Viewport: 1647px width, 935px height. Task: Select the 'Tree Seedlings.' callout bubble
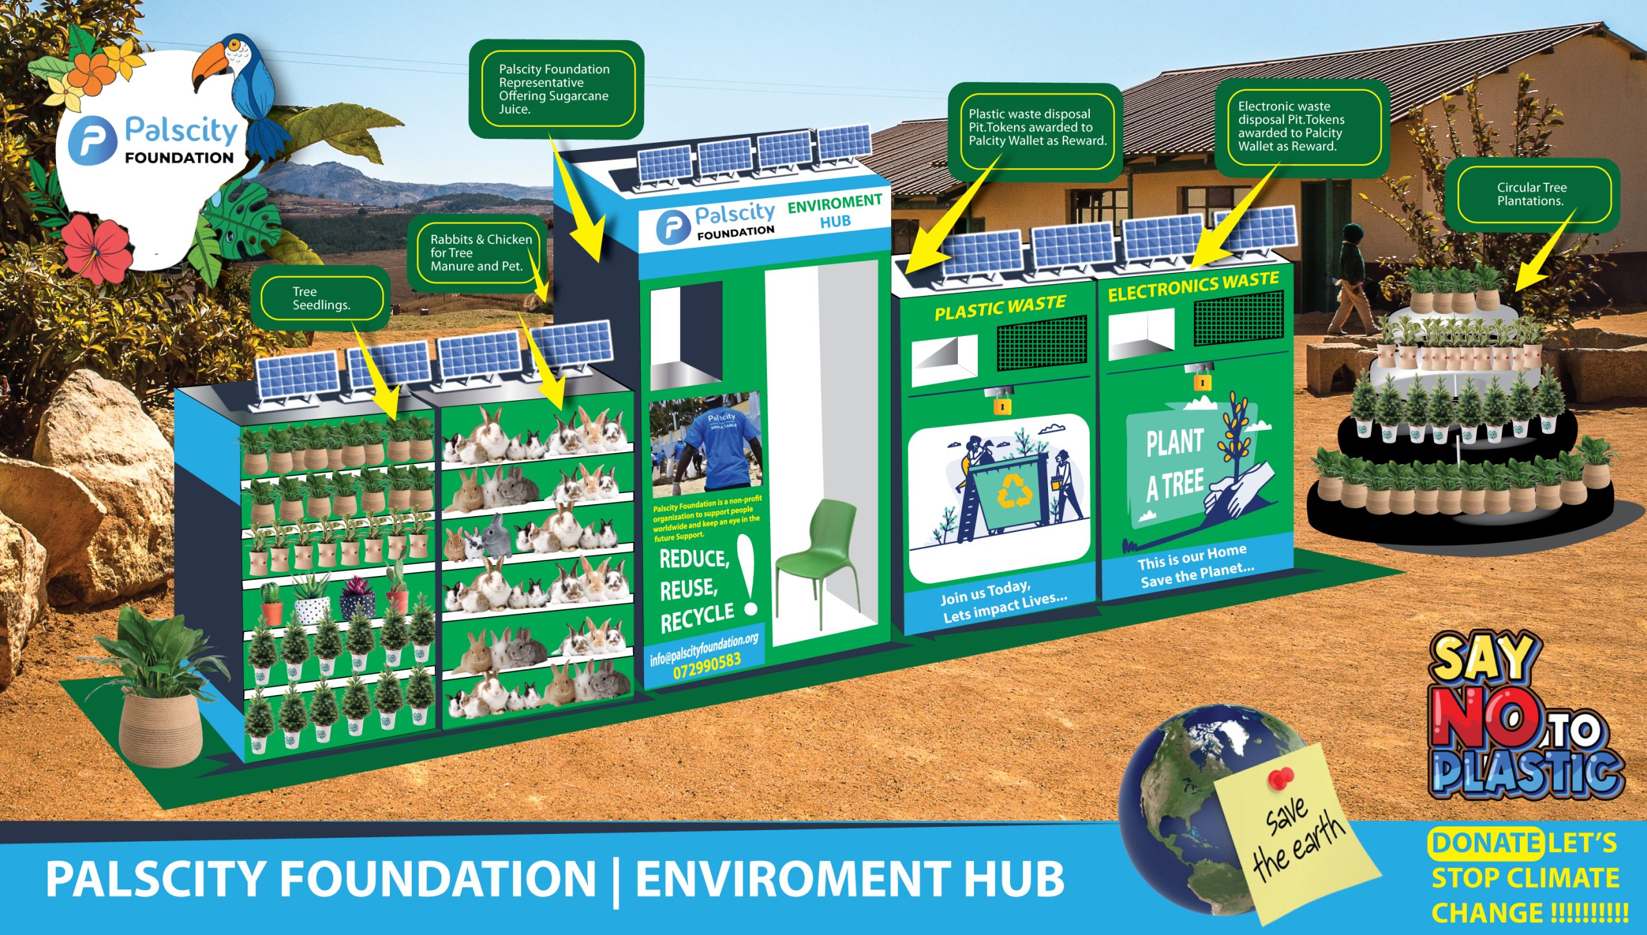point(321,299)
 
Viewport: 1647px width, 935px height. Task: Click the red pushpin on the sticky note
point(1281,779)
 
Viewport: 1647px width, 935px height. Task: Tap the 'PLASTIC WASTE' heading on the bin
point(1000,307)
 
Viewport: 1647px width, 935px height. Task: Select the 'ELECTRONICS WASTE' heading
point(1193,286)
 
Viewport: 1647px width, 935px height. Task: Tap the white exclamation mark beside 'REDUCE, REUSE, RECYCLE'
point(748,575)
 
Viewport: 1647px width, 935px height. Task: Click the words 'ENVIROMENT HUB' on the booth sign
point(834,211)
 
